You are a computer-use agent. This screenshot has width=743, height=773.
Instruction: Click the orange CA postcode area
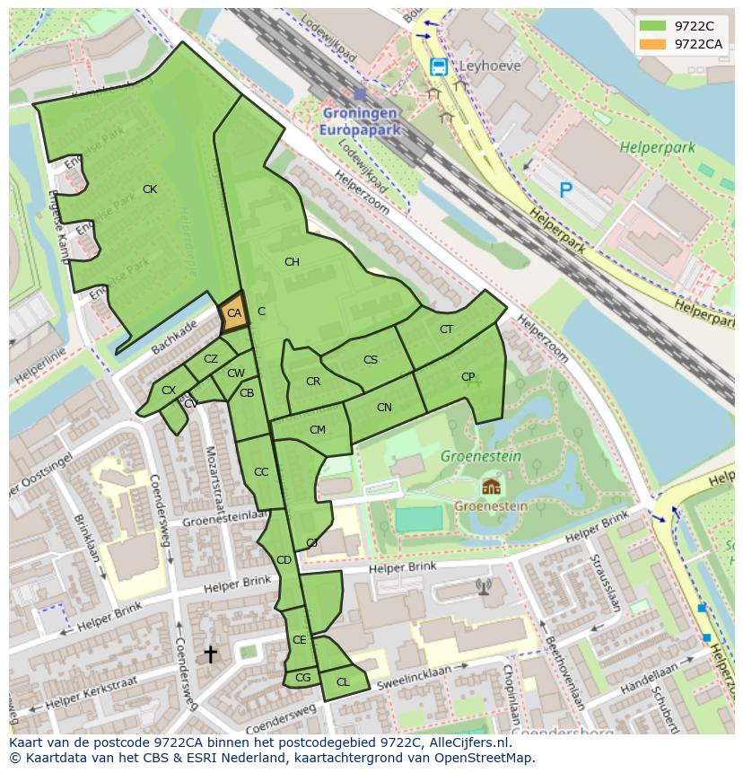point(233,313)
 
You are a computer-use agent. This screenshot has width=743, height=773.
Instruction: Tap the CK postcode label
point(150,189)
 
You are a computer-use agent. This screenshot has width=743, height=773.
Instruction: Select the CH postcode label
point(292,262)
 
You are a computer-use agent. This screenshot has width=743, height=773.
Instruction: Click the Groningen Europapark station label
point(359,121)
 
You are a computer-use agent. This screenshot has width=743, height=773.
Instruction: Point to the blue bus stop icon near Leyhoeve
point(438,66)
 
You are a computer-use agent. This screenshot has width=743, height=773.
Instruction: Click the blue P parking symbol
point(565,189)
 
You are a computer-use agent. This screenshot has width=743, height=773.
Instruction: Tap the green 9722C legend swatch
point(653,26)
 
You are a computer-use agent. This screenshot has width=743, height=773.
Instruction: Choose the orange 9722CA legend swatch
point(653,44)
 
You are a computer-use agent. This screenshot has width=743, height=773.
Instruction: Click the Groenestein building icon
point(490,487)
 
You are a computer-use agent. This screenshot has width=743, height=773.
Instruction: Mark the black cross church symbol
point(210,654)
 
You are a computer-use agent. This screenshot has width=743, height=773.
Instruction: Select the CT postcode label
point(446,329)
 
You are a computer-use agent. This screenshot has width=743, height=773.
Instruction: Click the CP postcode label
point(468,377)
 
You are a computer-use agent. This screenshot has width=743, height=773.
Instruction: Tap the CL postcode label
point(343,682)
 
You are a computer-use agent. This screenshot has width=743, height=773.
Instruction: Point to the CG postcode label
point(302,678)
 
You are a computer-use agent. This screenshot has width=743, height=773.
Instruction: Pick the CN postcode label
point(384,408)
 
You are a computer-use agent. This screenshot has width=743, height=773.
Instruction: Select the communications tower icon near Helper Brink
point(484,586)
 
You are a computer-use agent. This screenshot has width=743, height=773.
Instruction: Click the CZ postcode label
point(210,359)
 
